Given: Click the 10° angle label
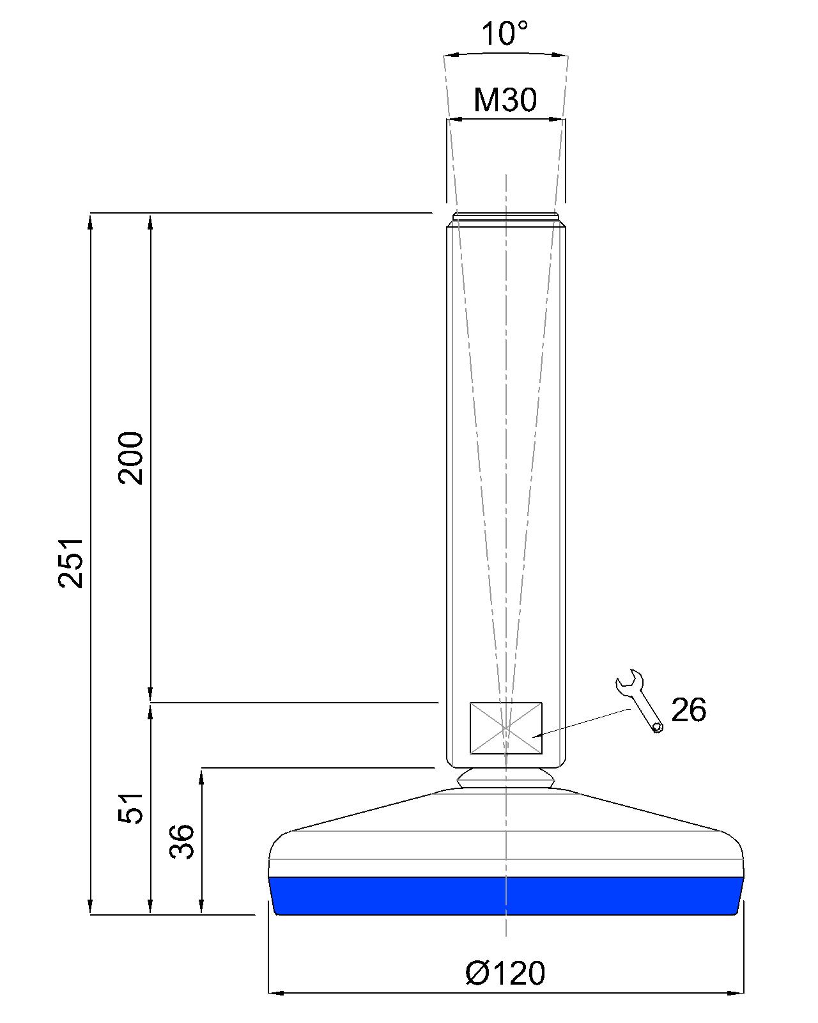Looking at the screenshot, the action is pos(505,35).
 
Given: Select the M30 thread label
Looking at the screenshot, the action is pos(505,100).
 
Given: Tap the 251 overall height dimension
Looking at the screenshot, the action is pos(71,563).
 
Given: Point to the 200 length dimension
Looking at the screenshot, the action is pos(130,458).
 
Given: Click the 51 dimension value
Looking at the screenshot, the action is pos(130,808).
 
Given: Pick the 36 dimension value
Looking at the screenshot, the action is pos(182,841).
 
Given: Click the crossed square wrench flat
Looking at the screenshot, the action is pos(505,728).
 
